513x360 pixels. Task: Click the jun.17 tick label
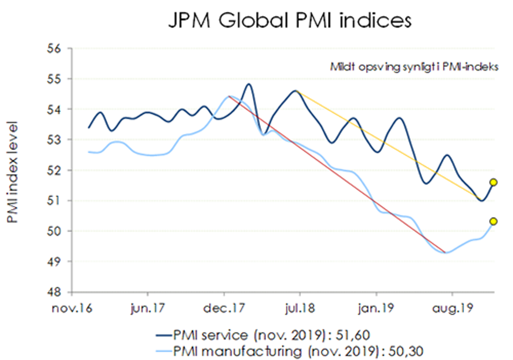tap(147, 309)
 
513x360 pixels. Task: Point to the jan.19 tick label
tap(376, 309)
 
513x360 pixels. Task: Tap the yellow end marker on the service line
tap(494, 182)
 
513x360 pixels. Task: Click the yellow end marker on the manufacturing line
tap(494, 222)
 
